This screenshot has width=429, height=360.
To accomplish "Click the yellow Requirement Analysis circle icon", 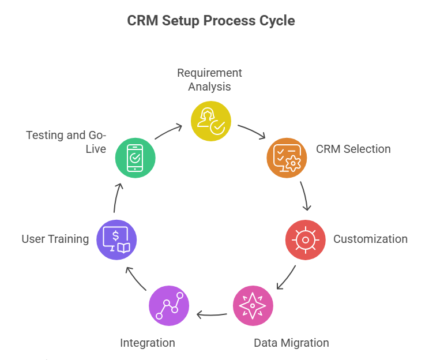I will (x=211, y=121).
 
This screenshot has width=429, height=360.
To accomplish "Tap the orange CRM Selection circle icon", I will (x=287, y=156).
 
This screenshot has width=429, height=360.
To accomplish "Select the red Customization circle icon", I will (x=306, y=239).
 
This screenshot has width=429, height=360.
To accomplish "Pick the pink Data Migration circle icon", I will (x=253, y=306).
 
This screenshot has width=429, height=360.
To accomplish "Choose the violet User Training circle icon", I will (x=117, y=239).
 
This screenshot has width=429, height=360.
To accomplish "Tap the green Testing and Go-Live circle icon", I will (x=135, y=156).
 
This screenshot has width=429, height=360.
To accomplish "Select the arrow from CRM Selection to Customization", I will (x=306, y=197).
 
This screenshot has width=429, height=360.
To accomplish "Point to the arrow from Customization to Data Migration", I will (x=287, y=277).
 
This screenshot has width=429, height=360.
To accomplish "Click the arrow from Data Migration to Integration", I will (x=211, y=314).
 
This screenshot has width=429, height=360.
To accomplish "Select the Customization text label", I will (x=370, y=239).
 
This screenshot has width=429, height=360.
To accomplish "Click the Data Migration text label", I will (x=291, y=343).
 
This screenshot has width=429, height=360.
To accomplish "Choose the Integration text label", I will (x=147, y=343).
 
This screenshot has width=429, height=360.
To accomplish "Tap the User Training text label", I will (x=55, y=239).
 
